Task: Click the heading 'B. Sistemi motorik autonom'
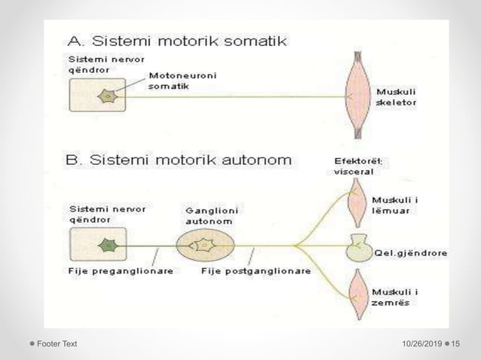pos(179,160)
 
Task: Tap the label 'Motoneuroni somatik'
pos(173,81)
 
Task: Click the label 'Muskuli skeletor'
pos(396,96)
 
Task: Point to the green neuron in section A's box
pos(109,96)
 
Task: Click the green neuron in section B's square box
pos(109,245)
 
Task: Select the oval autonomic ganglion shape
pos(205,245)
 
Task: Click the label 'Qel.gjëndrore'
pos(410,254)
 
